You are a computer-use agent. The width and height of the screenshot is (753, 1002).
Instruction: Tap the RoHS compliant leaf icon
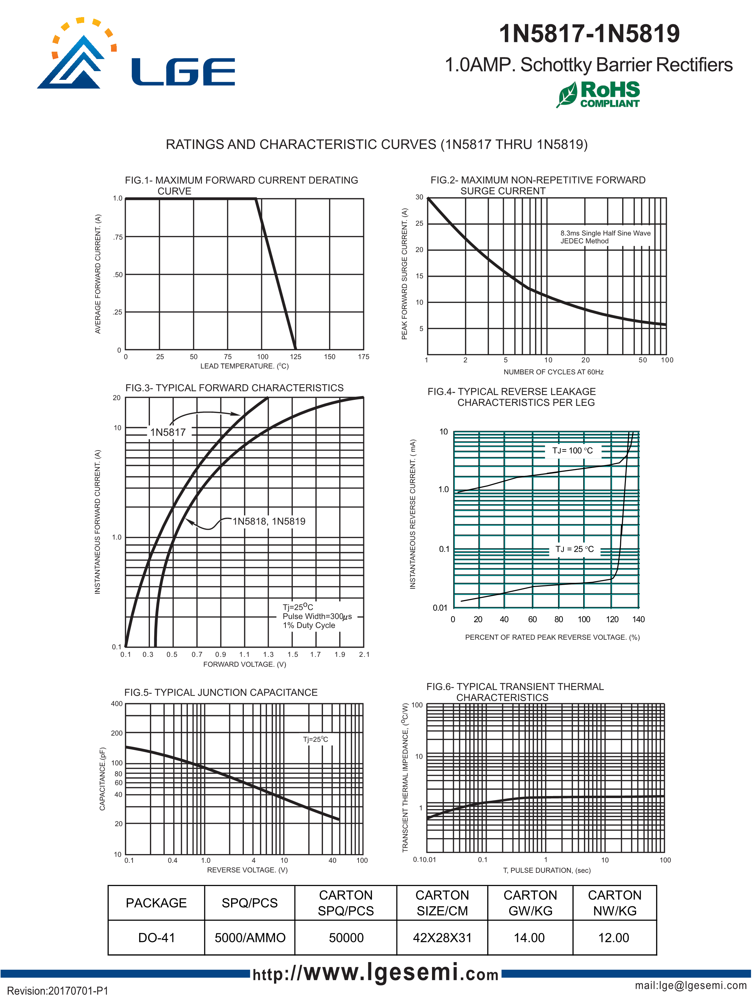[567, 94]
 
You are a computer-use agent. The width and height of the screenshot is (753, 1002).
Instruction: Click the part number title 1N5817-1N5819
[589, 34]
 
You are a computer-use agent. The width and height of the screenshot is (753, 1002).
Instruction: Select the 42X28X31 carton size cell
[442, 937]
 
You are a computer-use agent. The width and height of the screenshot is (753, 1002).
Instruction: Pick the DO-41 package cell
[156, 937]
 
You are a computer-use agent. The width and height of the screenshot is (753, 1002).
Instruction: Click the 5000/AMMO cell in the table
[250, 937]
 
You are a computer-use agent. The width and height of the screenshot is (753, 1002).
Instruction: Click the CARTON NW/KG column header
[614, 903]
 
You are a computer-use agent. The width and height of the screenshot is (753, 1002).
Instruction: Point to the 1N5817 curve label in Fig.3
[168, 432]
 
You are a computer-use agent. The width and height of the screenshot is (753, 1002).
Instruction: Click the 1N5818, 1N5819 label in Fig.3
[269, 521]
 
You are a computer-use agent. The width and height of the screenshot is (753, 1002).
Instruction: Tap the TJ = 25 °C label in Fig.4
[574, 549]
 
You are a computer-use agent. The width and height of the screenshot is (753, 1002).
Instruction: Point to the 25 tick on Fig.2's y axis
[419, 223]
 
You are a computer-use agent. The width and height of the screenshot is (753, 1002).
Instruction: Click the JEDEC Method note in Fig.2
[584, 241]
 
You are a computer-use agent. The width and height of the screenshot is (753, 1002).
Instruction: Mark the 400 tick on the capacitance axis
[116, 703]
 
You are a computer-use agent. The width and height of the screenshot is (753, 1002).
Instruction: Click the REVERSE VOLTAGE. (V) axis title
[247, 870]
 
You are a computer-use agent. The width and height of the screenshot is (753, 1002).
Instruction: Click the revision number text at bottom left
[58, 991]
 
